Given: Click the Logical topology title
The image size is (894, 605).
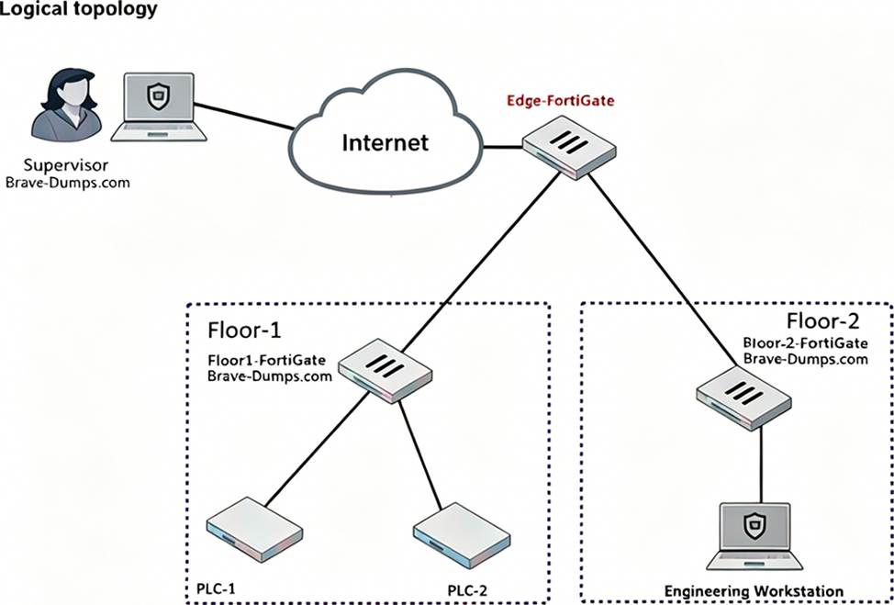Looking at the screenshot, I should (79, 10).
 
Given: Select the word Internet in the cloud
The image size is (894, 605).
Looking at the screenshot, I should (385, 142).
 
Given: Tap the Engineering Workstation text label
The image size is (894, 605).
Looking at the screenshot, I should (754, 590).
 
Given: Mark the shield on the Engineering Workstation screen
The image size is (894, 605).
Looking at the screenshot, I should (754, 526).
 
